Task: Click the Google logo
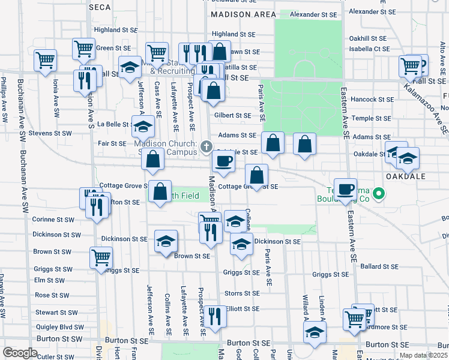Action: [x=20, y=353]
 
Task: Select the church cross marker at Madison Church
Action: [x=206, y=146]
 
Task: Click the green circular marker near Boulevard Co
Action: [x=378, y=193]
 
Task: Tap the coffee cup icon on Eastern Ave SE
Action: [x=345, y=188]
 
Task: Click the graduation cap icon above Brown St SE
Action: [x=166, y=241]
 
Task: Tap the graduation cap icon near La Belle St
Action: [x=143, y=126]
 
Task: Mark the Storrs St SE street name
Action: [x=242, y=293]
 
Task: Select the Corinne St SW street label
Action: [x=53, y=220]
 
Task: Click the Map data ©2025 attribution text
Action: [x=427, y=355]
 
